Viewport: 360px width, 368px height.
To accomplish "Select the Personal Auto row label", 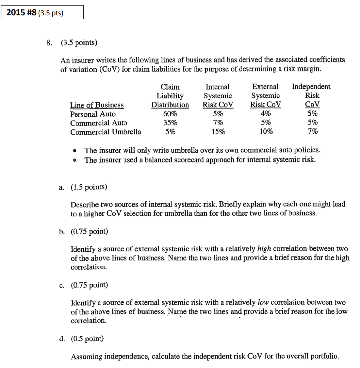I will pyautogui.click(x=93, y=114).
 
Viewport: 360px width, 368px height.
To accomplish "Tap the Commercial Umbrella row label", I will pyautogui.click(x=106, y=132).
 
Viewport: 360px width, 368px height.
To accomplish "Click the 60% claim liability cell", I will pyautogui.click(x=170, y=114).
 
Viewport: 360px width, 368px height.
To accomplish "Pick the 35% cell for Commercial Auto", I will pyautogui.click(x=170, y=123).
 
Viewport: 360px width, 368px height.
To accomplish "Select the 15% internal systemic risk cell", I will pyautogui.click(x=218, y=132).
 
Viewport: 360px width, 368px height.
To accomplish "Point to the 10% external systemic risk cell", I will pyautogui.click(x=266, y=131).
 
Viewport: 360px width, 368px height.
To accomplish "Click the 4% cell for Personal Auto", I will pyautogui.click(x=266, y=114).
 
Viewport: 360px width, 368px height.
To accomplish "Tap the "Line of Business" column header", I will pyautogui.click(x=97, y=105).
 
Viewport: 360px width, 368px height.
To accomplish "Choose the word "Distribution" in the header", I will pyautogui.click(x=170, y=105).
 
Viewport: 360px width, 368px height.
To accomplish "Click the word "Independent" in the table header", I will pyautogui.click(x=311, y=87).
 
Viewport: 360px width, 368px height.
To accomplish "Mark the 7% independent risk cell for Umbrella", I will pyautogui.click(x=312, y=131).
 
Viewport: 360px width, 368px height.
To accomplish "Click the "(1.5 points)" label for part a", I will pyautogui.click(x=89, y=187).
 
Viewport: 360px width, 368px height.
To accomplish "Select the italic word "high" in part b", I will pyautogui.click(x=264, y=249).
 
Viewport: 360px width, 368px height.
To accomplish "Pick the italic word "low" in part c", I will pyautogui.click(x=263, y=302).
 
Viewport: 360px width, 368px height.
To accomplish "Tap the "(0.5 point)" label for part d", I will pyautogui.click(x=87, y=339).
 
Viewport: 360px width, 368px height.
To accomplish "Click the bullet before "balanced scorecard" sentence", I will pyautogui.click(x=75, y=160).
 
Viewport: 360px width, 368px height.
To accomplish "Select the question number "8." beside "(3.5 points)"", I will pyautogui.click(x=49, y=42).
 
